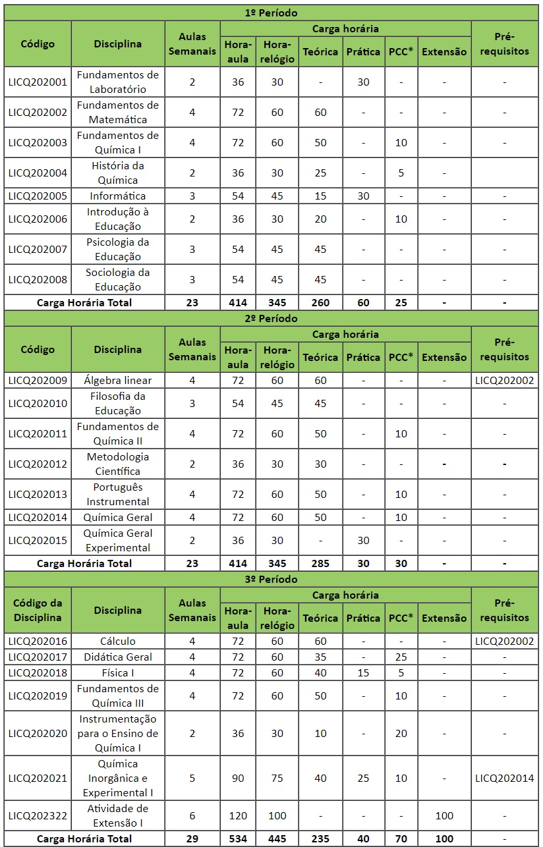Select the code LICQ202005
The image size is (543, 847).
coord(38,196)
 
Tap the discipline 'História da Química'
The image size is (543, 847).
coord(118,173)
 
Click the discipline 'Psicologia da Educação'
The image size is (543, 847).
coord(118,249)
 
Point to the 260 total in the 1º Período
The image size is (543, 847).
coord(320,302)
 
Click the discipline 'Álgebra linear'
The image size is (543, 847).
coord(118,380)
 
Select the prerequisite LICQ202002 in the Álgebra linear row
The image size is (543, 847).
coord(504,380)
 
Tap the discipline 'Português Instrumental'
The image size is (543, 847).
coord(118,494)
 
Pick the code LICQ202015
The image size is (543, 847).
coord(38,540)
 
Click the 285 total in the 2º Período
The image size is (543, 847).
coord(320,563)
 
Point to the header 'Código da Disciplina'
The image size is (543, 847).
coord(38,610)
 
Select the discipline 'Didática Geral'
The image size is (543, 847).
coord(118,657)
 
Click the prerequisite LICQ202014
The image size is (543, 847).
coord(504,778)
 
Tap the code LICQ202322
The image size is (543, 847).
coord(38,815)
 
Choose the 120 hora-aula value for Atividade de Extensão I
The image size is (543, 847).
coord(237,815)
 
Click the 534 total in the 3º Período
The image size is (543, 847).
coord(237,838)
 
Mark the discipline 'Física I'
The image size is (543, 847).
coord(118,672)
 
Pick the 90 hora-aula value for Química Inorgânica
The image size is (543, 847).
coord(237,778)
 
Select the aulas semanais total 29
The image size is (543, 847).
coord(192,838)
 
